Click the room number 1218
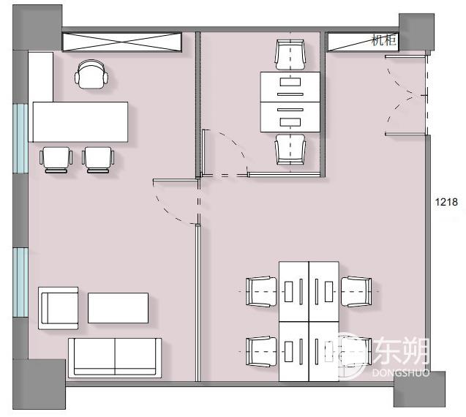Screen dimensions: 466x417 (446, 202)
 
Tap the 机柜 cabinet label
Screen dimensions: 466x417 (383, 40)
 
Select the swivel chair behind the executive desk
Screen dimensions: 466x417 (91, 75)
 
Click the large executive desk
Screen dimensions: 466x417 (80, 122)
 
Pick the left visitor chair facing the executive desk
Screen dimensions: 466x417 (56, 159)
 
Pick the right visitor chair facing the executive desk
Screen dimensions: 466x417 (98, 159)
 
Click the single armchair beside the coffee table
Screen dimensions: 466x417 (59, 308)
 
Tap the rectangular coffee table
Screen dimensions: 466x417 (118, 308)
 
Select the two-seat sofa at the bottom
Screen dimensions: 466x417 (115, 358)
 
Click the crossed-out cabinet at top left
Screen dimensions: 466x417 (122, 42)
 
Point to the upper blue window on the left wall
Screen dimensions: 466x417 (20, 138)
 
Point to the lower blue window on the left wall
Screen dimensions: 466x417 (20, 282)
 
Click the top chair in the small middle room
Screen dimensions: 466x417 (290, 56)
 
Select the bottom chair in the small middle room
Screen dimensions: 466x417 (290, 149)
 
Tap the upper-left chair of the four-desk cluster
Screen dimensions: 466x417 (262, 291)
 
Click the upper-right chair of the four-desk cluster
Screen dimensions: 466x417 (356, 291)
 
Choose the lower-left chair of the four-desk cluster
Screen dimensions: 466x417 (262, 352)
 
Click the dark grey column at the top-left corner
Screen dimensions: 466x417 (37, 27)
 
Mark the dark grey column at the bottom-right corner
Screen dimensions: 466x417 (420, 389)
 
